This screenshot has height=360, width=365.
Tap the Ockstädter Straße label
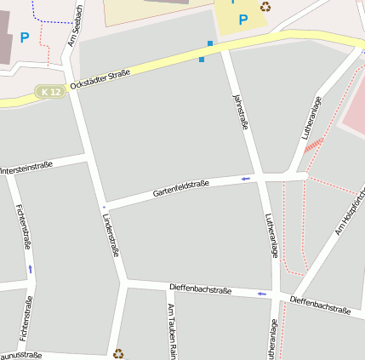click(100, 81)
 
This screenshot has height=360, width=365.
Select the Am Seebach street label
click(74, 25)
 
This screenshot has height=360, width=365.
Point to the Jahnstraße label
click(240, 111)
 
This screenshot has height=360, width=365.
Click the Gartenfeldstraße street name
click(181, 189)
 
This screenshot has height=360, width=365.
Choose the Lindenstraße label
click(110, 235)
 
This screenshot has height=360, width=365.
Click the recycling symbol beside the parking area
click(265, 7)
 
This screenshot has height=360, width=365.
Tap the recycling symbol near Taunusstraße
click(118, 352)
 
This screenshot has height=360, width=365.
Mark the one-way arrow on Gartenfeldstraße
click(246, 179)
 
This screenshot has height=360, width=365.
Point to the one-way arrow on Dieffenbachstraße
click(261, 294)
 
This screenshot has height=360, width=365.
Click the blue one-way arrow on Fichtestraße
click(31, 269)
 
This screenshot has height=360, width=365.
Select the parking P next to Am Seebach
click(24, 37)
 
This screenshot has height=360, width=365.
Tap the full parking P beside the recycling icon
click(243, 20)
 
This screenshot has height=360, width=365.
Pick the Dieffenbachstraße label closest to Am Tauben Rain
click(200, 289)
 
